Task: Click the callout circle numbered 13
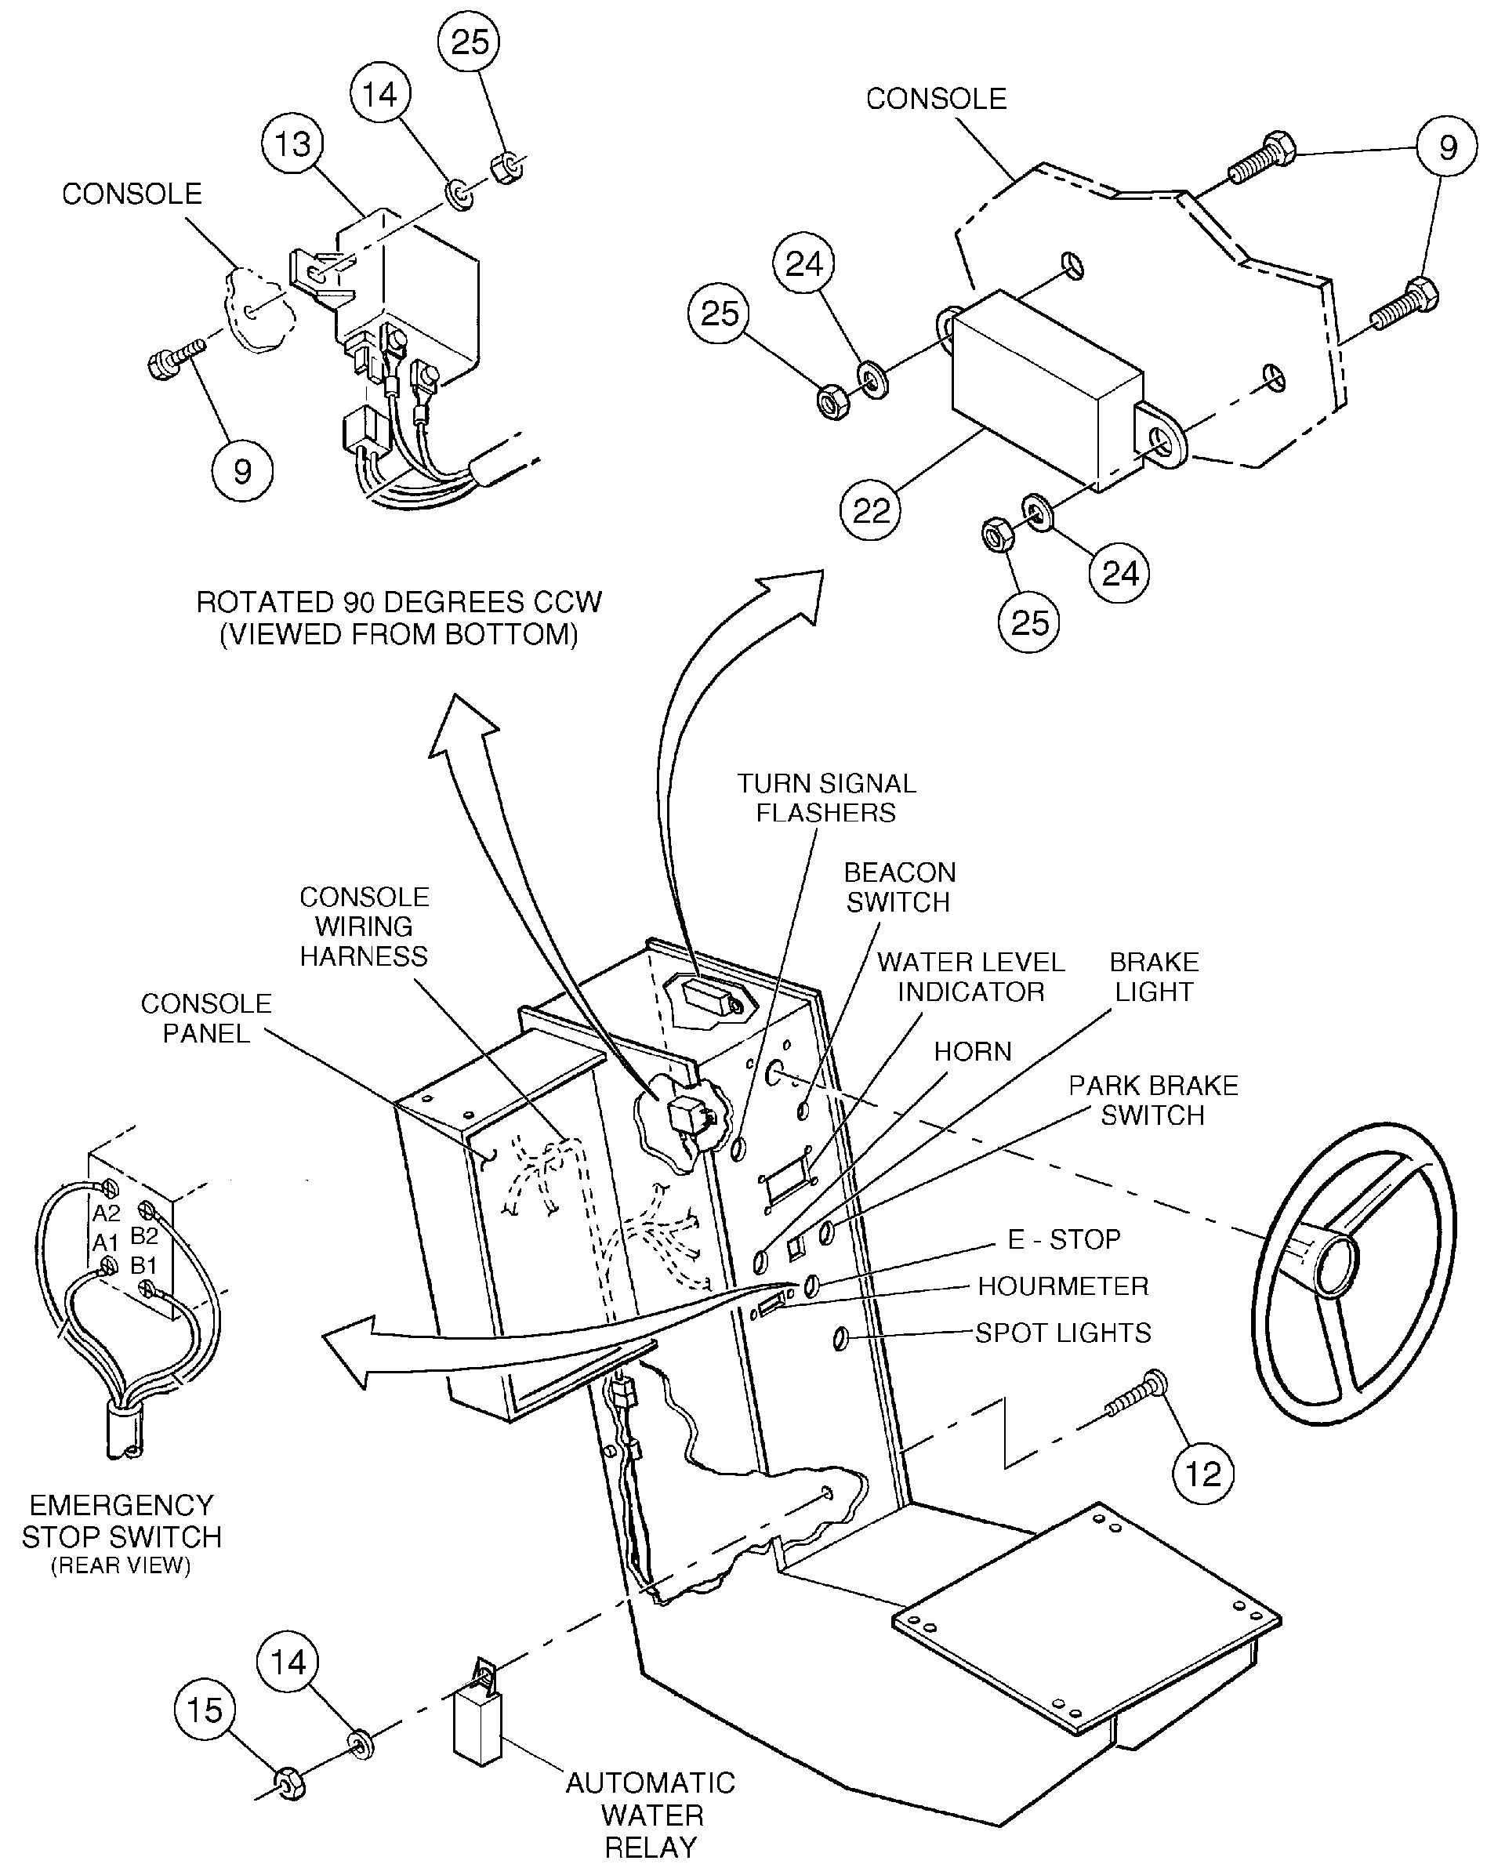[292, 144]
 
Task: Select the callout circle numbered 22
[870, 510]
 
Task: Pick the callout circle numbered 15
[205, 1710]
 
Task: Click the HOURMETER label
[1063, 1286]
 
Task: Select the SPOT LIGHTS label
[1063, 1333]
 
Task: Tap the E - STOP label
[1064, 1239]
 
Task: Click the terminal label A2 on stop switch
[106, 1213]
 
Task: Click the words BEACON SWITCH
[899, 887]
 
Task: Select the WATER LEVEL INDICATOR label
[970, 977]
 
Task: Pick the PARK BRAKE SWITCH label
[1153, 1100]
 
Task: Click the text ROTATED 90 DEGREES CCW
[398, 602]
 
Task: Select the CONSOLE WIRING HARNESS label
[364, 927]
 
